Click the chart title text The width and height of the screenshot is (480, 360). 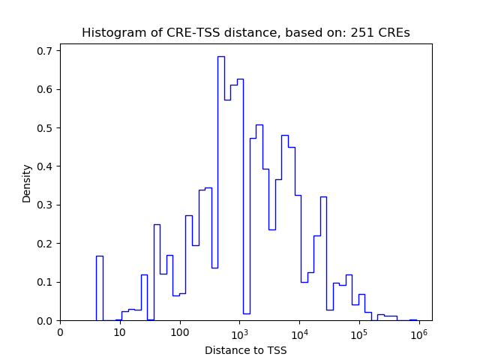click(245, 33)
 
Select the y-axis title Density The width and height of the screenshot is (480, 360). click(27, 182)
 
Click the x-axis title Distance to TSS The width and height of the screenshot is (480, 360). click(245, 349)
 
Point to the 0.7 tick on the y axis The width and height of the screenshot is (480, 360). click(46, 51)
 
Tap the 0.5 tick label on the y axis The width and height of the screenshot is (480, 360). click(46, 128)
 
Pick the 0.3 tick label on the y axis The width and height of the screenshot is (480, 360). click(46, 205)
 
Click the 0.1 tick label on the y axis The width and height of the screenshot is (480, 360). click(46, 282)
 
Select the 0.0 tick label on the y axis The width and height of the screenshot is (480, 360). click(46, 321)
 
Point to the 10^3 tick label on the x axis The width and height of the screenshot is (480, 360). click(239, 331)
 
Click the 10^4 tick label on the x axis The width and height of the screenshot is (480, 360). click(299, 331)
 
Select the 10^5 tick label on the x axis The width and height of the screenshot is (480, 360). click(359, 331)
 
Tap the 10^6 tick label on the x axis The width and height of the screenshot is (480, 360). click(418, 331)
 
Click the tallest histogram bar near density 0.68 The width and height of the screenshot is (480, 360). click(220, 187)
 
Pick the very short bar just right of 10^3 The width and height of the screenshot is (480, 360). click(246, 317)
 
